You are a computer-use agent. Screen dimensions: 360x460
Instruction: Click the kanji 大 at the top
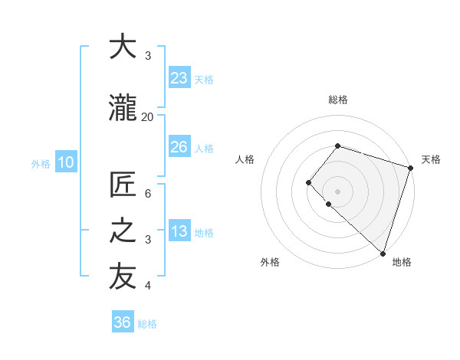(x=123, y=47)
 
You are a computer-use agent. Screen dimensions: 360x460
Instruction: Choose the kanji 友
(x=123, y=278)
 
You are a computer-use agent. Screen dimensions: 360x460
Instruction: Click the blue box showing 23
(x=179, y=78)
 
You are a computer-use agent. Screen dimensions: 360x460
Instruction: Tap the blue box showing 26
(x=179, y=147)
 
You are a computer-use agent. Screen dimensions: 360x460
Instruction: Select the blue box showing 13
(x=179, y=231)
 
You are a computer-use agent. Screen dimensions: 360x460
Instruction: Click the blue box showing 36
(x=123, y=322)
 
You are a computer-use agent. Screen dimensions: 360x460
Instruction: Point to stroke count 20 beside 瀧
(x=147, y=116)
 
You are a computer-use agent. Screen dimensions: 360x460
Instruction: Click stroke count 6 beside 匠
(x=148, y=194)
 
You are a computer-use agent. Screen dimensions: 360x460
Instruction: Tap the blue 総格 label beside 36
(x=147, y=324)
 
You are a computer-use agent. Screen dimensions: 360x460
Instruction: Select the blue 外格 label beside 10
(x=41, y=162)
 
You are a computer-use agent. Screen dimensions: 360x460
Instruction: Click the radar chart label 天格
(x=431, y=159)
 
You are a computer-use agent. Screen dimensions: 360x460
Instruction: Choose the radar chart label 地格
(x=402, y=262)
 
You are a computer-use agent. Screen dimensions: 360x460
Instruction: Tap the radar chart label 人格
(x=245, y=159)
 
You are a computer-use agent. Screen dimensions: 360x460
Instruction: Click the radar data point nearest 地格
(x=383, y=253)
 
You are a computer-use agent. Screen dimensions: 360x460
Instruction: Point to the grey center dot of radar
(x=337, y=191)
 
